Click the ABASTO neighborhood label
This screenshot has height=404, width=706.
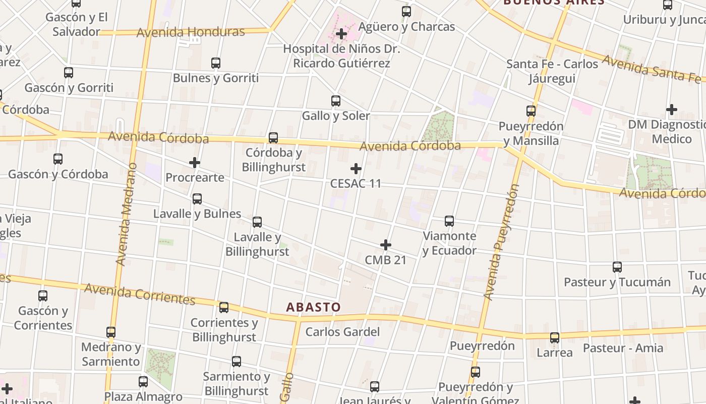314,307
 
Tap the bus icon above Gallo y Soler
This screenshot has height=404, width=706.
336,101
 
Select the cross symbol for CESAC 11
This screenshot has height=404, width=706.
356,169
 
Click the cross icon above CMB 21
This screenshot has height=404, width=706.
386,245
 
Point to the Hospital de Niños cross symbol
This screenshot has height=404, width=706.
341,34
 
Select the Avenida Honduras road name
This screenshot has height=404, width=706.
191,32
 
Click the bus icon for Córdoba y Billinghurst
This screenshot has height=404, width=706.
273,137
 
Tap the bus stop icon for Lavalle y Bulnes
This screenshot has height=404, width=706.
197,199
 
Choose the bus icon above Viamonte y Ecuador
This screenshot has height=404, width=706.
449,221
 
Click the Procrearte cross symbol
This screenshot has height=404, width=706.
195,163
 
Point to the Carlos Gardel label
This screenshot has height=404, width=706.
342,332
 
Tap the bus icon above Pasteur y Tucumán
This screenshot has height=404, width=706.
617,267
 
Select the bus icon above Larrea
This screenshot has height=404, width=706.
555,338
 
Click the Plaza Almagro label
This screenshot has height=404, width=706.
143,396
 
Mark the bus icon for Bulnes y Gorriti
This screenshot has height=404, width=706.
216,63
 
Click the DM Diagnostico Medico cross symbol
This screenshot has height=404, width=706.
672,110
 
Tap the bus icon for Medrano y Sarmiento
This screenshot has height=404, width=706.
111,332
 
